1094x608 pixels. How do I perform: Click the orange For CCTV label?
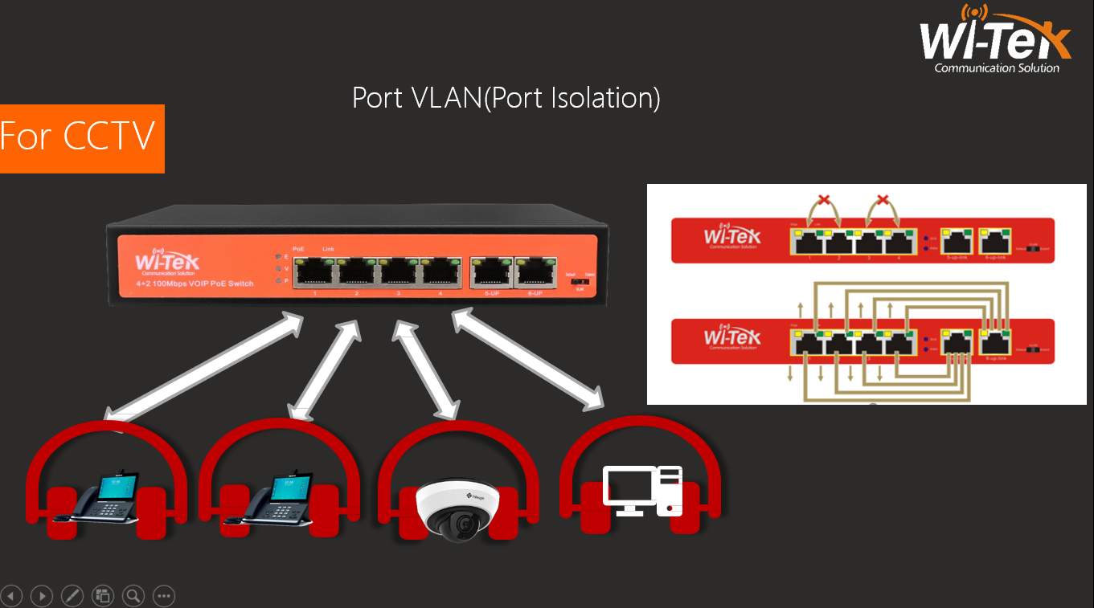(x=81, y=137)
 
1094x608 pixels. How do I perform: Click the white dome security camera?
(x=457, y=507)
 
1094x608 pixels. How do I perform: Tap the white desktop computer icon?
(x=643, y=491)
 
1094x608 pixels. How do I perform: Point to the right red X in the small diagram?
(x=883, y=200)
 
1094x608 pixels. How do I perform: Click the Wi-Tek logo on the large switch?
(x=167, y=263)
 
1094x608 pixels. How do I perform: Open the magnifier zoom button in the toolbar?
(x=133, y=596)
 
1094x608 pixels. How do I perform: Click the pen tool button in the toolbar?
(x=72, y=596)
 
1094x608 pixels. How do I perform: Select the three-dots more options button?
(x=164, y=596)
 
